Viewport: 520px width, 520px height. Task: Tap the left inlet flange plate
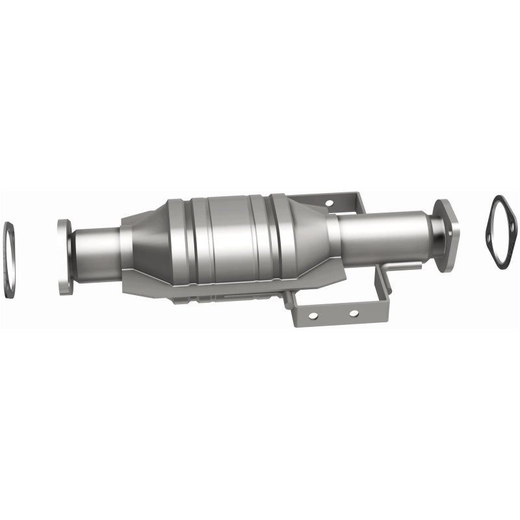(64, 257)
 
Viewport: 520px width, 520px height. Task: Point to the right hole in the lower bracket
(353, 313)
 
